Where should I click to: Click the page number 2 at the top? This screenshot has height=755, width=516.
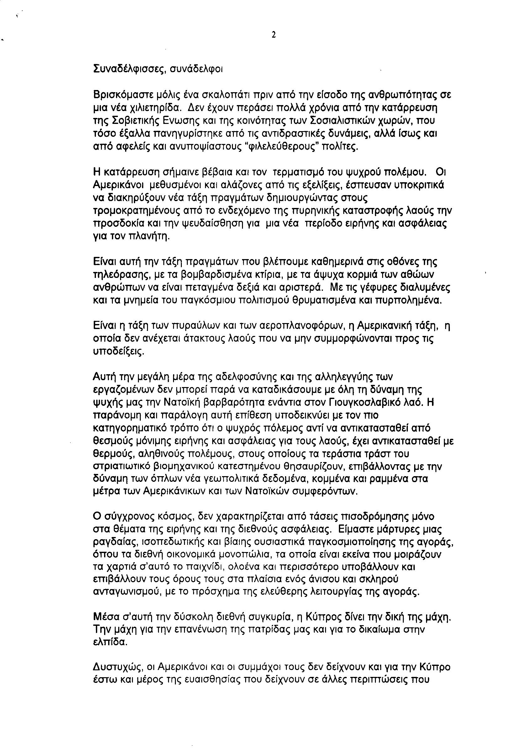click(x=273, y=35)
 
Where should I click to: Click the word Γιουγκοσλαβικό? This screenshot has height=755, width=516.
click(x=365, y=402)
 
